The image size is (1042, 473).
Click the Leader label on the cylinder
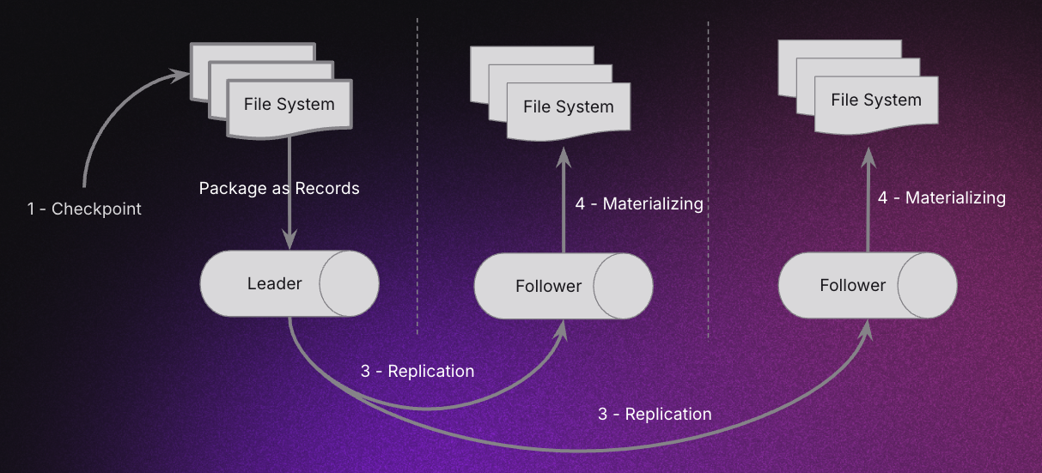[x=274, y=283]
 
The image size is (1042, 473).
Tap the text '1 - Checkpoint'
[x=84, y=209]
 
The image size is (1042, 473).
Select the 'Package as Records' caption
[x=279, y=188]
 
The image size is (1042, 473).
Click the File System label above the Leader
[x=289, y=105]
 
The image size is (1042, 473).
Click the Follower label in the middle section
[x=548, y=286]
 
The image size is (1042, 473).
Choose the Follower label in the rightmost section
[x=852, y=285]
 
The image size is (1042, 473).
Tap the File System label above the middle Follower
[x=568, y=107]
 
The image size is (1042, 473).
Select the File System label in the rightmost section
[x=875, y=100]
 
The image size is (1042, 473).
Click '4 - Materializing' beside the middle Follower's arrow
[x=638, y=204]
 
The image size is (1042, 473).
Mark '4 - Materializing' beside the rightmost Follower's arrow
[x=941, y=198]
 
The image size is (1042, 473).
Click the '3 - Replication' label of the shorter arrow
[x=417, y=372]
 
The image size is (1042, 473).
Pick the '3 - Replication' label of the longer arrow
[x=655, y=415]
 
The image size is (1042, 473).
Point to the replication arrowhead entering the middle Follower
[x=564, y=328]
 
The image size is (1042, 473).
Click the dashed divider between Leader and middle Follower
[x=417, y=172]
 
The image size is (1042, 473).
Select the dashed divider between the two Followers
[x=708, y=172]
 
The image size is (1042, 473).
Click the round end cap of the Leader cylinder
[x=349, y=283]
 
